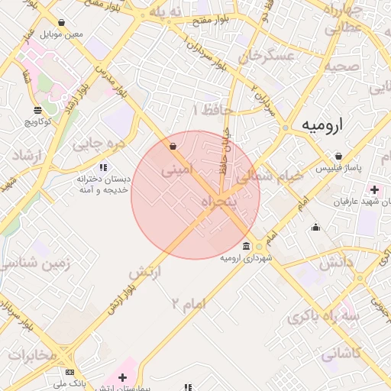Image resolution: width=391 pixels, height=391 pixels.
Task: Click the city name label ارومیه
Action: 322,124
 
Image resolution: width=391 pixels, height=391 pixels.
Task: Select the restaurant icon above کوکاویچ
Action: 37,111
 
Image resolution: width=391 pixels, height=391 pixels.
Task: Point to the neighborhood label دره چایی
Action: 97,143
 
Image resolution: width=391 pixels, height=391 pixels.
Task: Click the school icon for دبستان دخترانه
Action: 103,167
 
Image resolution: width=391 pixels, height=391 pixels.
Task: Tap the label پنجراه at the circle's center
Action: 219,201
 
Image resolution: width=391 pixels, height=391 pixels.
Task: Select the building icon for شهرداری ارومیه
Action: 246,246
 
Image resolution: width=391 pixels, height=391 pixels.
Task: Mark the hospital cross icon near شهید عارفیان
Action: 374,189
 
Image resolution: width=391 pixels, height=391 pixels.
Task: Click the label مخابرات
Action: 31,356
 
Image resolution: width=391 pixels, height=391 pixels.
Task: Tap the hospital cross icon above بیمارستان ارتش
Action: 122,377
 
